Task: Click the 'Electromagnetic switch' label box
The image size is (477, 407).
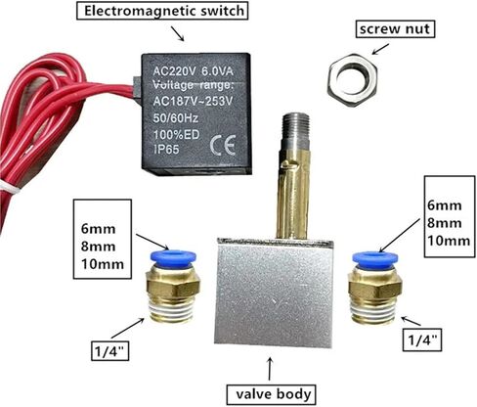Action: (x=162, y=11)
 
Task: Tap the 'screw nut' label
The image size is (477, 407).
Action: (x=395, y=29)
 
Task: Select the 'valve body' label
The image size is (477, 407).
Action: (x=272, y=394)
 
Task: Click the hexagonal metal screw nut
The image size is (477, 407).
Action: (x=352, y=80)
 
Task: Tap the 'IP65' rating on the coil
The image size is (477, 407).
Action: (x=166, y=150)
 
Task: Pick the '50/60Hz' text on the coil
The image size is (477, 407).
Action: (x=175, y=117)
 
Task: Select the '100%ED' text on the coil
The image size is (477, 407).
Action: (x=176, y=134)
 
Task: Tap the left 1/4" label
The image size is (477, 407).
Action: (x=110, y=350)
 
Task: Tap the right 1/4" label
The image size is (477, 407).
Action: (x=422, y=340)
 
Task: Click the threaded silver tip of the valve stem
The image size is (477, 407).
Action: (x=295, y=131)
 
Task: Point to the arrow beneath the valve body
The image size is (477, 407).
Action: (x=270, y=369)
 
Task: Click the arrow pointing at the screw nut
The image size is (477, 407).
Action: (x=380, y=49)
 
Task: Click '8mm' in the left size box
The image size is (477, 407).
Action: (x=98, y=247)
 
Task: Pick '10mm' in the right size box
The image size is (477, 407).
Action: (x=449, y=241)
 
